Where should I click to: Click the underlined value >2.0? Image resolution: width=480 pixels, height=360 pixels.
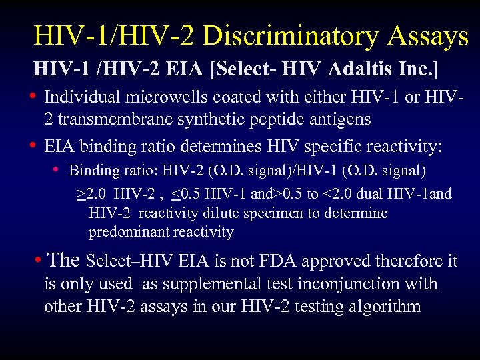click(89, 194)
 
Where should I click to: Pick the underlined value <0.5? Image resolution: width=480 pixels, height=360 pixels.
click(183, 194)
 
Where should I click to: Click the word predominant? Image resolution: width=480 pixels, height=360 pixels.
click(129, 232)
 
